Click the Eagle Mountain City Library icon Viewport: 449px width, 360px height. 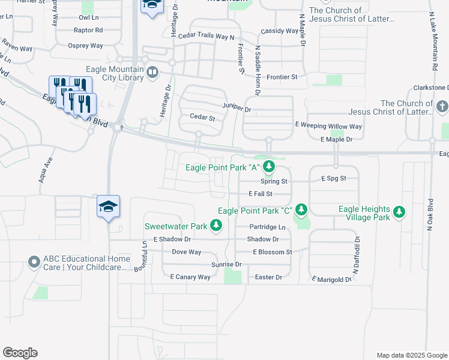point(152,73)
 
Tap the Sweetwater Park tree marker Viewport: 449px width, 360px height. point(217,226)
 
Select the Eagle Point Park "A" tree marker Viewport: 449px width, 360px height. point(270,167)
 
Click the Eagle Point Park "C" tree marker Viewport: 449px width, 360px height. point(301,210)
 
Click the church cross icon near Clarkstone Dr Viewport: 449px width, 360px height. point(442,107)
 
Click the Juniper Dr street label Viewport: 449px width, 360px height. point(236,107)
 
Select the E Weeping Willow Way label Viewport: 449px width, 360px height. point(328,127)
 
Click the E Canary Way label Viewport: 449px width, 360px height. point(190,277)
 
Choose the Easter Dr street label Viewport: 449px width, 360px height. point(268,277)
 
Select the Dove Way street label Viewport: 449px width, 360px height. point(187,252)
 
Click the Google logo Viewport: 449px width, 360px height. point(20,353)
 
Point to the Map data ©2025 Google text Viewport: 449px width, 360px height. point(411,355)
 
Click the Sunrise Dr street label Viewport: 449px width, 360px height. point(226,264)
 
